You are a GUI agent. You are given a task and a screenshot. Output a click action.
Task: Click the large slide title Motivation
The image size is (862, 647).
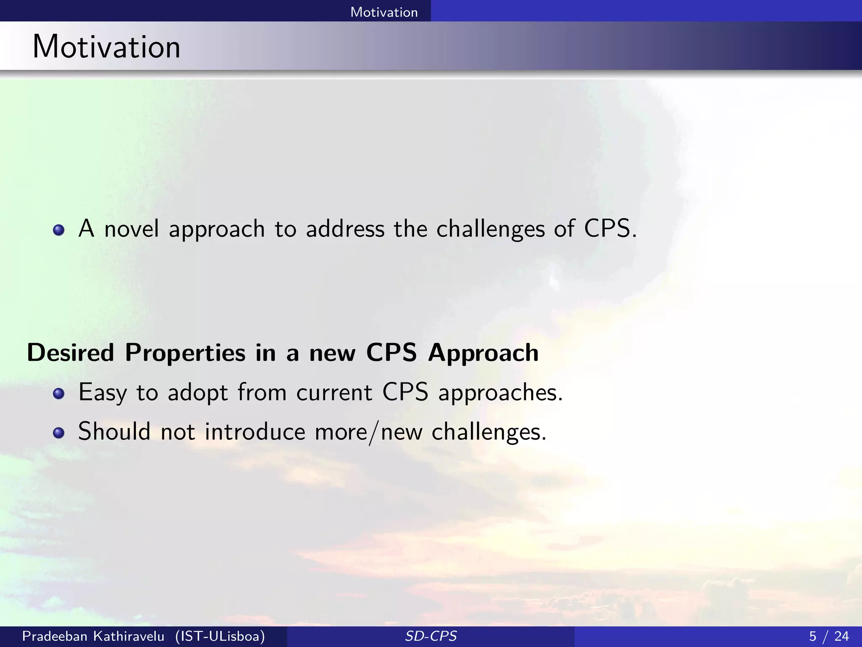(x=106, y=46)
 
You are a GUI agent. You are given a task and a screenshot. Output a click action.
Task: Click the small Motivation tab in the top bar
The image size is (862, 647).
(x=384, y=12)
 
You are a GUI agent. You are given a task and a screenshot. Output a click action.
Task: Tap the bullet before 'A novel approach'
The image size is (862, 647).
(x=59, y=230)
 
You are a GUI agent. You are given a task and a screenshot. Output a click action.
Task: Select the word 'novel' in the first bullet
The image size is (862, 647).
(x=131, y=229)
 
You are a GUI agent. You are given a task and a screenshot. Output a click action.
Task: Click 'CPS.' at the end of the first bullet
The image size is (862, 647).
(x=610, y=229)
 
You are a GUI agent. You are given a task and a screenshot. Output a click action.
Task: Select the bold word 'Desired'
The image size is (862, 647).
(x=71, y=353)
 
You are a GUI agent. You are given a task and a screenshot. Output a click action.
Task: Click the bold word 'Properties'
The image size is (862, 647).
(x=185, y=353)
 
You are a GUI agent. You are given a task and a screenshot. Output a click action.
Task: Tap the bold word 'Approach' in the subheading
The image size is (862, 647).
(x=483, y=353)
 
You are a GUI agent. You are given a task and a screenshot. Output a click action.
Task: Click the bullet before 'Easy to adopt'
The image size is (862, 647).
(x=59, y=394)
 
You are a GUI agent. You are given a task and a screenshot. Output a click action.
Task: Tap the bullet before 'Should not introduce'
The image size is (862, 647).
(x=59, y=433)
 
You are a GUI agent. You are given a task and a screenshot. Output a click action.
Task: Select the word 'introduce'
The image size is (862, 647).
(x=255, y=432)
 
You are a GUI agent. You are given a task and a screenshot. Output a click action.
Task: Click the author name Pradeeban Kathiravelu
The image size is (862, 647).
(x=93, y=636)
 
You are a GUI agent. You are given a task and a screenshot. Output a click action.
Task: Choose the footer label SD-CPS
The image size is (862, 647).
(x=431, y=636)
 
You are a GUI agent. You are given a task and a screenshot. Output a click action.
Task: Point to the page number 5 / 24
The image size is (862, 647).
(x=829, y=636)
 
